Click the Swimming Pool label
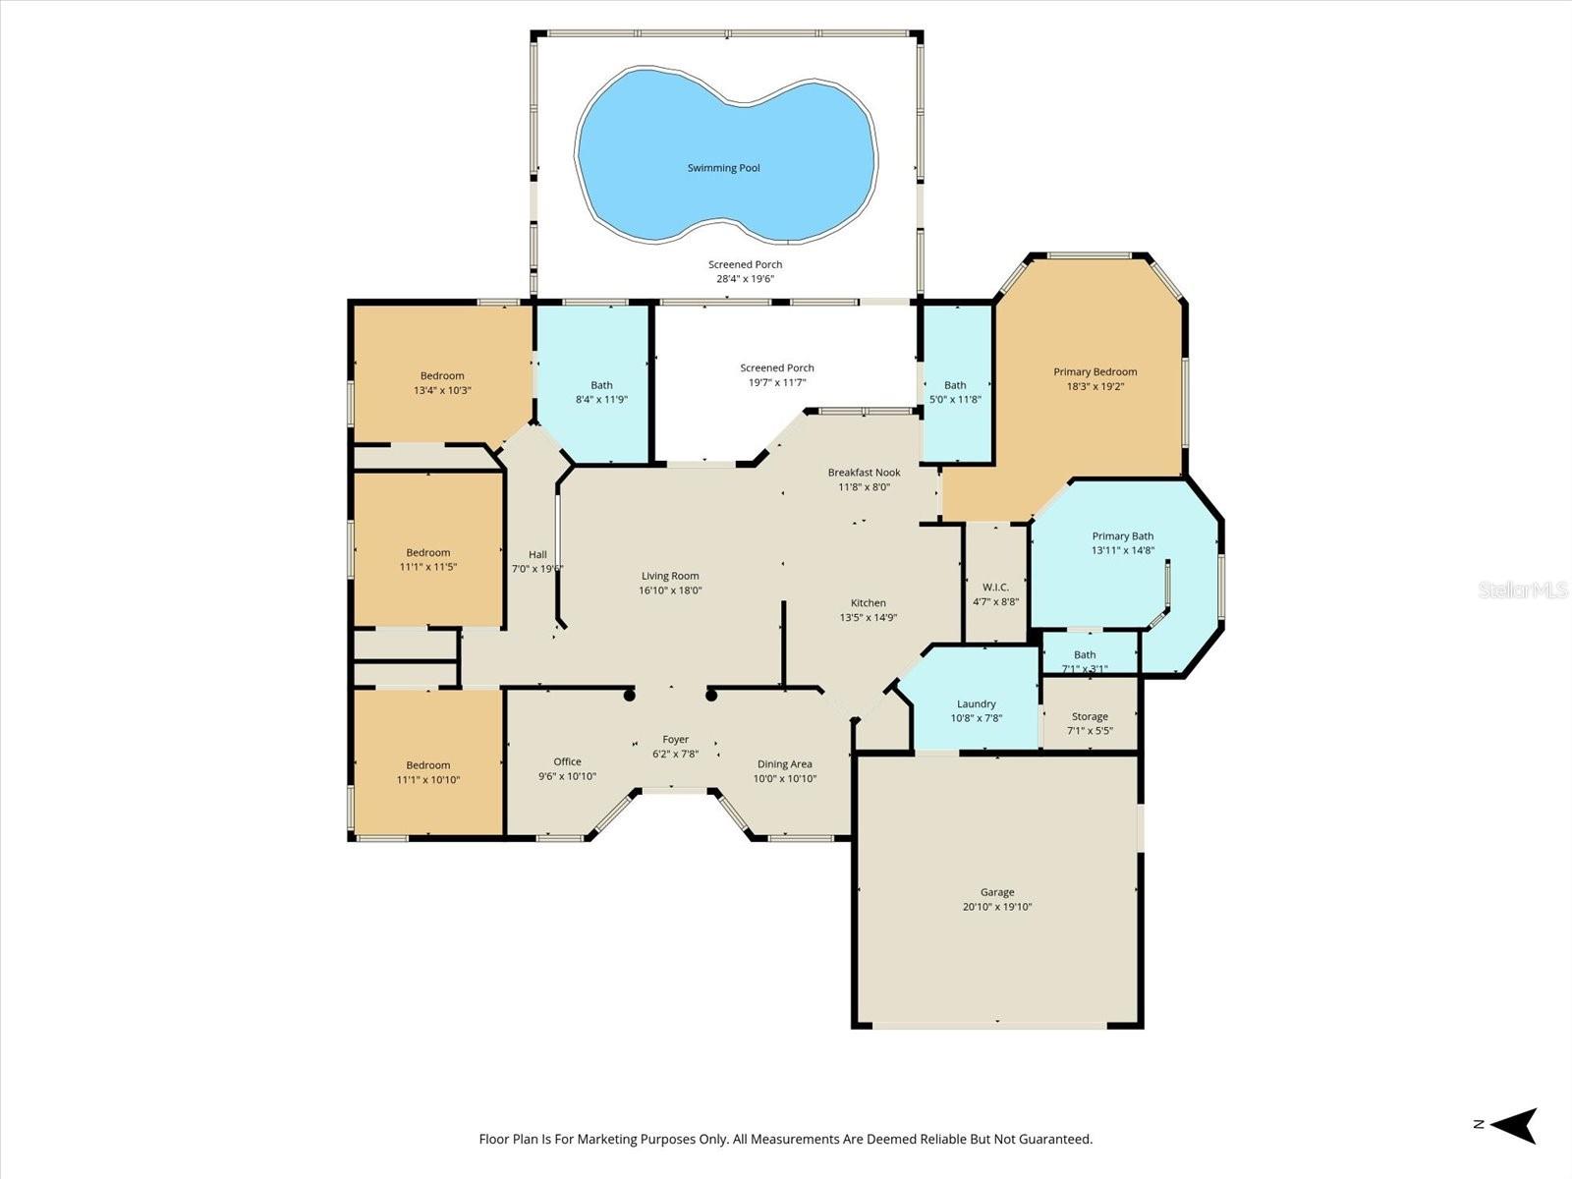tap(723, 168)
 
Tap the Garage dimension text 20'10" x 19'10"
tap(996, 907)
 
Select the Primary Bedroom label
tap(1095, 371)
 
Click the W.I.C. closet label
tap(995, 588)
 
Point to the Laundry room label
tap(976, 703)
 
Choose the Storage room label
tap(1090, 716)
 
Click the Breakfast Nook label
tap(864, 473)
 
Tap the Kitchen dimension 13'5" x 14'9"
tap(868, 618)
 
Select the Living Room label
tap(670, 576)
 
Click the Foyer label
tap(675, 740)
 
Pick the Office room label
tap(567, 761)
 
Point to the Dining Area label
tap(784, 764)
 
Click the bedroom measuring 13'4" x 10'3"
tap(442, 382)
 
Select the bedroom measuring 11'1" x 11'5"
tap(427, 559)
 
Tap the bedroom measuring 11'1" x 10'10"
tap(427, 772)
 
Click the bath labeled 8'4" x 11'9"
tap(601, 392)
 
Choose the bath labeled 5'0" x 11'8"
tap(955, 392)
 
